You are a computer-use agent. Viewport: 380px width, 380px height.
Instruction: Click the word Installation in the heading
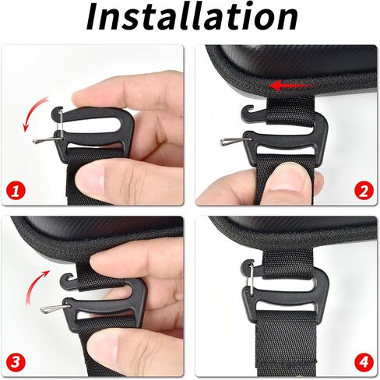click(192, 17)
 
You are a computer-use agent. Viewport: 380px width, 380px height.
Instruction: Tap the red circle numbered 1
click(16, 192)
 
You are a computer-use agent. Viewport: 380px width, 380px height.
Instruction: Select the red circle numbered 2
click(364, 192)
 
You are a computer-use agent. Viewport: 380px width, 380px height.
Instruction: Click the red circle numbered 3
click(16, 361)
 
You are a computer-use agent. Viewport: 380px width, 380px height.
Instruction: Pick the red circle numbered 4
click(364, 361)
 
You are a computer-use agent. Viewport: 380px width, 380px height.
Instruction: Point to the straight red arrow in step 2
click(290, 86)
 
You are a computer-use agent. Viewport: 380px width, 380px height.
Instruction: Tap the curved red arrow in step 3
click(33, 286)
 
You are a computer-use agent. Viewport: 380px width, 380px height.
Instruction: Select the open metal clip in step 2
click(235, 141)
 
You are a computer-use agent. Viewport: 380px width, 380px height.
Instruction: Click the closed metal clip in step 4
click(251, 277)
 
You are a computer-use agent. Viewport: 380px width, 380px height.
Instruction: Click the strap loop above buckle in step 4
click(287, 264)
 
